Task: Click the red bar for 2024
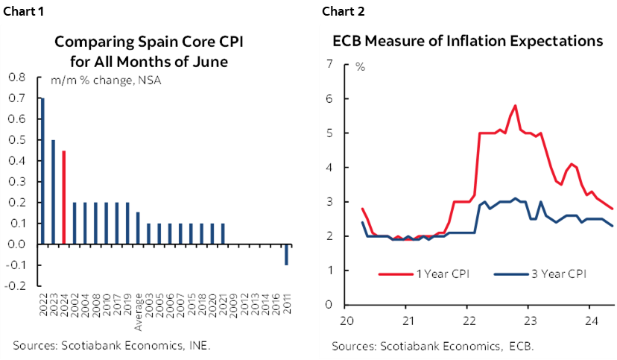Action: [64, 198]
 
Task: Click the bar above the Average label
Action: [138, 228]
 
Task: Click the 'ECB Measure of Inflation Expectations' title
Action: [467, 42]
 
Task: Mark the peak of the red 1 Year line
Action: [515, 106]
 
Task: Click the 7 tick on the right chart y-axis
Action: [328, 64]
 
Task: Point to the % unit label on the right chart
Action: [360, 67]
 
